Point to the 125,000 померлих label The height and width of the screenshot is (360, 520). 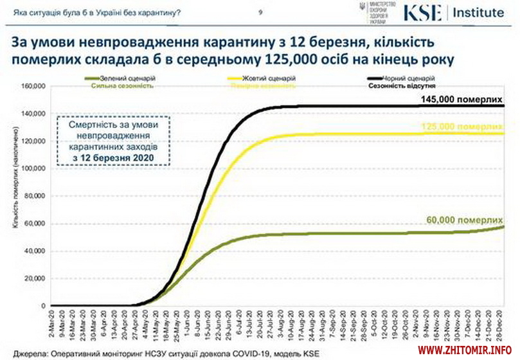[x=461, y=127]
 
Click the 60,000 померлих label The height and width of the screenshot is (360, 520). [x=463, y=219]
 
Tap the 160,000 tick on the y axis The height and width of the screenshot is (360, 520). [x=32, y=86]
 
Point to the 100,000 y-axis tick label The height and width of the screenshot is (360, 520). [x=32, y=168]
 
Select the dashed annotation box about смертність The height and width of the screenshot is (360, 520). [x=112, y=140]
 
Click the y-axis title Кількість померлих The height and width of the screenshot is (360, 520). [x=13, y=193]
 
